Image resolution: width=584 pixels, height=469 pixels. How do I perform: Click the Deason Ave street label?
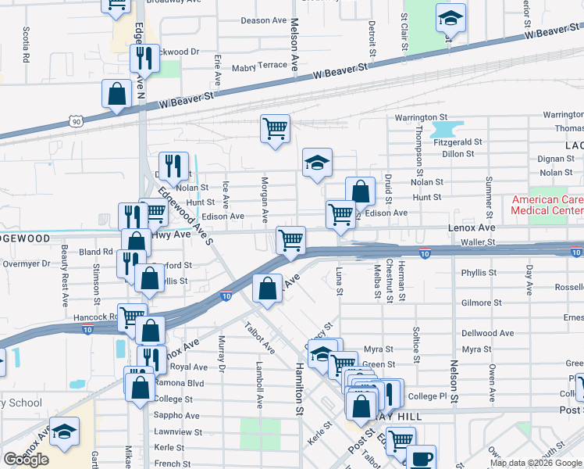point(264,20)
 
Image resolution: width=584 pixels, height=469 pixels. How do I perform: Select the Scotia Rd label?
point(27,45)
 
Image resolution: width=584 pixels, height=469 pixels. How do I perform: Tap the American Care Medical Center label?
point(547,205)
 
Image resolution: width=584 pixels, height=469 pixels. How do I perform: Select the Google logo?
point(26,460)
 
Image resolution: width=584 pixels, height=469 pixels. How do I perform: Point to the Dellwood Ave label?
point(487,333)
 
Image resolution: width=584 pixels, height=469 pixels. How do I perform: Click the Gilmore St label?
point(480,303)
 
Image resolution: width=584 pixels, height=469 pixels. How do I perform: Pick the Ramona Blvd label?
point(179,383)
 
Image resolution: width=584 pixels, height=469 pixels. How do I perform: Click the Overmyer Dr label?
point(25,264)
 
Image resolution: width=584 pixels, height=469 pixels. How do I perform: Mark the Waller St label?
point(478,242)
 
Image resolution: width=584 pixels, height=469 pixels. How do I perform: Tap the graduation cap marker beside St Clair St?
point(450,18)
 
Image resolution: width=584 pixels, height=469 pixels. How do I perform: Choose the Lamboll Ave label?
point(260,385)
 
